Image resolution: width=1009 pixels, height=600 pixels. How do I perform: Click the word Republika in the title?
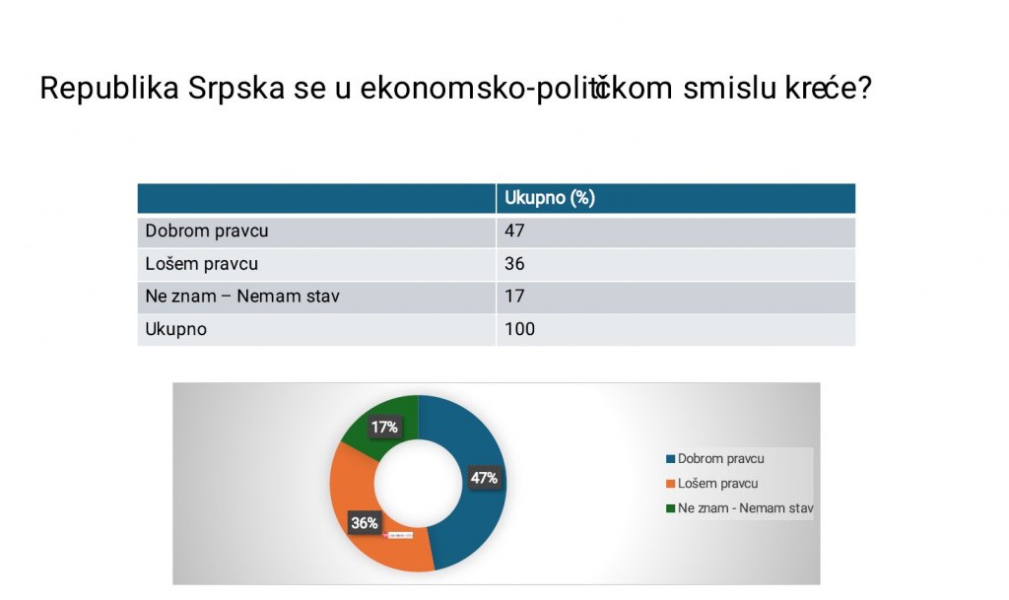tap(109, 88)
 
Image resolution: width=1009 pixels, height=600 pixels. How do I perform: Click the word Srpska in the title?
tap(236, 88)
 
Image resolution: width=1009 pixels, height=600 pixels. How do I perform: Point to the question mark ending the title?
tap(864, 88)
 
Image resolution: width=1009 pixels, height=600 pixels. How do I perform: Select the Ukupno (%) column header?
tap(550, 198)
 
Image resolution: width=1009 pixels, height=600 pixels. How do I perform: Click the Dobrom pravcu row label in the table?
tap(207, 231)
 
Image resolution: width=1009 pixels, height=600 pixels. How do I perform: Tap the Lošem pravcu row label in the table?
tap(201, 264)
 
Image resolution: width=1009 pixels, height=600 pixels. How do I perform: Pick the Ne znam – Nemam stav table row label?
tap(242, 297)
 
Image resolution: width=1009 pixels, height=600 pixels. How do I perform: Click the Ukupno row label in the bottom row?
tap(175, 329)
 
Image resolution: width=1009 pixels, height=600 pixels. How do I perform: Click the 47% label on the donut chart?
tap(484, 478)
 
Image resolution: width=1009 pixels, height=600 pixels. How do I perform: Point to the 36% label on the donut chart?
tap(365, 523)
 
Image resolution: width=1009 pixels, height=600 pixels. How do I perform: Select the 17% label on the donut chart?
tap(384, 427)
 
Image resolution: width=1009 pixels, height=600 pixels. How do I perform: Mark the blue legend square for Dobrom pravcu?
tap(670, 459)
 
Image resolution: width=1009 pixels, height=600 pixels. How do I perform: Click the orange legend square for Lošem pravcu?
tap(670, 484)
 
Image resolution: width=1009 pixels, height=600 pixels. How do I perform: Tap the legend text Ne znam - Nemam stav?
tap(745, 508)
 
